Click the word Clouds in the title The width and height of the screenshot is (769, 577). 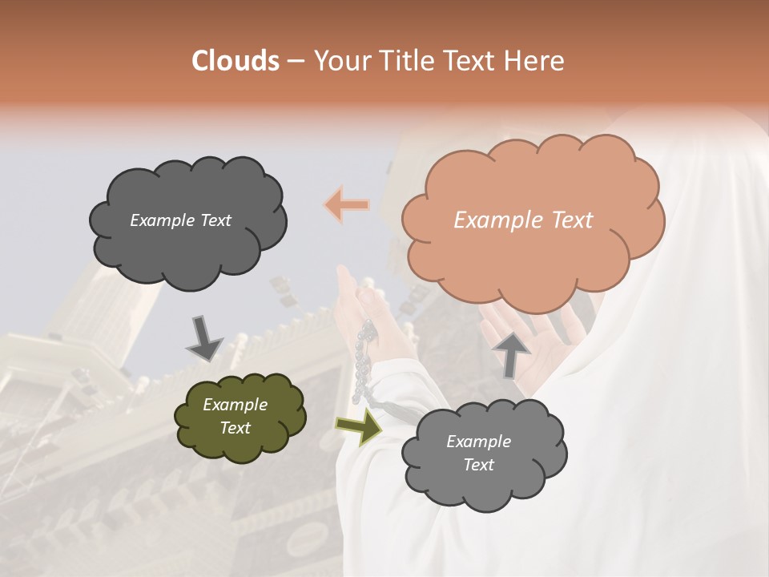[236, 61]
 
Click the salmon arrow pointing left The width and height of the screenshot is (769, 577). [347, 205]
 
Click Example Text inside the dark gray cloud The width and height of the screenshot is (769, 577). [180, 220]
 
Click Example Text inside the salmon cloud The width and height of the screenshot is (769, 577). [523, 220]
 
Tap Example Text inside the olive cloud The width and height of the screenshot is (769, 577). [235, 416]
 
